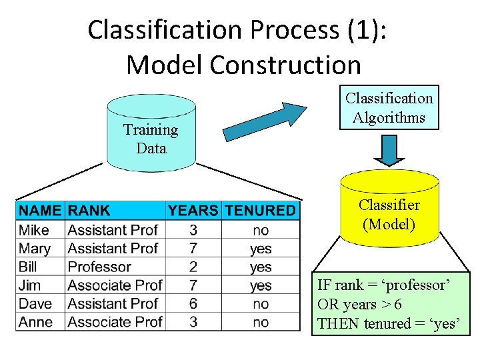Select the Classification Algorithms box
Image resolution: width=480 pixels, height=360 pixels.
389,108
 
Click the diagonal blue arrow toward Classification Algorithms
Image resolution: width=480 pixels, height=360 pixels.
264,122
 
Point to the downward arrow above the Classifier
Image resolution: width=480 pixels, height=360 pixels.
389,151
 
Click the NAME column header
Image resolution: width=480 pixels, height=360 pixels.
39,211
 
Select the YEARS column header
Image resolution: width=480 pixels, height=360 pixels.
193,211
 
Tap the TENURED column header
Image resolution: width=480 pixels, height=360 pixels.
260,211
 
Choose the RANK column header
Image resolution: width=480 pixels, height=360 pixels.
89,211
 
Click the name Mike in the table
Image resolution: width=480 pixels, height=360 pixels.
34,230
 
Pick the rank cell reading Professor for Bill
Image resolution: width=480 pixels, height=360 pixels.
99,267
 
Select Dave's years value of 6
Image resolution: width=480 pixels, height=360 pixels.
193,304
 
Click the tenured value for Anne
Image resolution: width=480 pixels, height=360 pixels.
261,323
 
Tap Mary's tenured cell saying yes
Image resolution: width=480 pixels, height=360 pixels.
261,249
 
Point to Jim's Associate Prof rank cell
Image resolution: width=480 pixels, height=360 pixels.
115,285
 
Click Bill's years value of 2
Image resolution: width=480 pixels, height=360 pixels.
193,267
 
